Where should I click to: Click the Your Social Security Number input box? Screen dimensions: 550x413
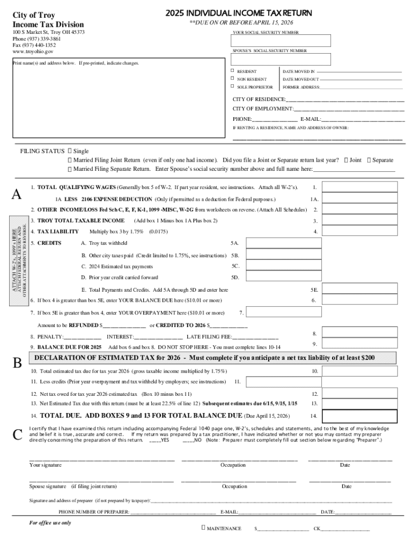[x=281, y=41]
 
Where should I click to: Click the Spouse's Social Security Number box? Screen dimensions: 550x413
[x=281, y=60]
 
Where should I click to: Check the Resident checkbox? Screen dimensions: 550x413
[x=232, y=71]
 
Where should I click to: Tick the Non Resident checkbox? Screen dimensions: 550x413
[x=232, y=79]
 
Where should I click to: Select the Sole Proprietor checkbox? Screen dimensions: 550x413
[x=232, y=86]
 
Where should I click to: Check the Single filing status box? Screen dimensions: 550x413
[x=70, y=151]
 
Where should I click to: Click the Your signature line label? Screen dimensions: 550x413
[x=45, y=465]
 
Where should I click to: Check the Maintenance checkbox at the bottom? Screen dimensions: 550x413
[x=203, y=528]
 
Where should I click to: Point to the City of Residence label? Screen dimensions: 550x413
[x=259, y=99]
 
